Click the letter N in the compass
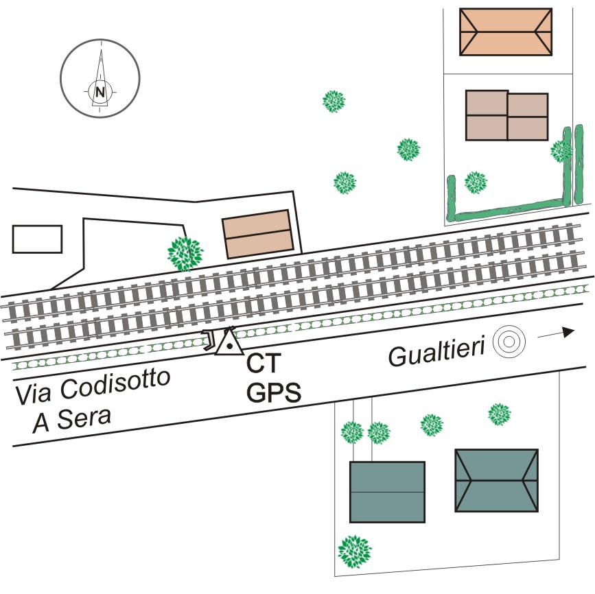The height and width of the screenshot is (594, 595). [101, 91]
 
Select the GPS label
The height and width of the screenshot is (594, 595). [275, 392]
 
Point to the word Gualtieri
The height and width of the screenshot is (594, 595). [437, 354]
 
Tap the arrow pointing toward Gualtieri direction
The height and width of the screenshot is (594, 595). [555, 333]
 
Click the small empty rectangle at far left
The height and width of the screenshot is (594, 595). [37, 239]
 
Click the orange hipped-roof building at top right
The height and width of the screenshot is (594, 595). [506, 32]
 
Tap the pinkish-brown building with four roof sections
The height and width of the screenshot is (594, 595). [507, 116]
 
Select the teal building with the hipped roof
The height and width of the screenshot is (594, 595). [496, 480]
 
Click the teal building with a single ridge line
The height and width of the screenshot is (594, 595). [387, 492]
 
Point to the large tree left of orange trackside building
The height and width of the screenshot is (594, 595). [185, 252]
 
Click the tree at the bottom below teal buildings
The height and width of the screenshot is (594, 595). [355, 551]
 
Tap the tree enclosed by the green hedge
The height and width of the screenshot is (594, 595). [476, 182]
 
